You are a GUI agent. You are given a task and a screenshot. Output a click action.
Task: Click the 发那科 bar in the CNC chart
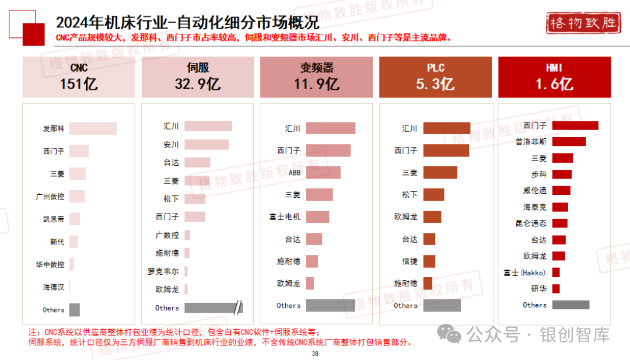pos(93,128)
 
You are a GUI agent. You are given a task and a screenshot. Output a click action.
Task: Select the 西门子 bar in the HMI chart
pos(575,125)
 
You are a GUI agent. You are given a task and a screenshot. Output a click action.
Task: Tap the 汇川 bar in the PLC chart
pos(446,128)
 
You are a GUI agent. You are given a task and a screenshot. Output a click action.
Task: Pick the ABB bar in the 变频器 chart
pos(323,172)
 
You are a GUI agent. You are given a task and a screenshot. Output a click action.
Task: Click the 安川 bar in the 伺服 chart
pos(206,144)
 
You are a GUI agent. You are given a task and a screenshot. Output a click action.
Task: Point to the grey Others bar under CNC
pos(75,310)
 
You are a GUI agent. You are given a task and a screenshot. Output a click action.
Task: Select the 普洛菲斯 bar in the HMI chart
pos(568,142)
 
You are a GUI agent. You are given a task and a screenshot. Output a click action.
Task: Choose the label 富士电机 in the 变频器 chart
pos(285,217)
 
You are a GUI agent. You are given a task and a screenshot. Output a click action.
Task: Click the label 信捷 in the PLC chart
pos(409,261)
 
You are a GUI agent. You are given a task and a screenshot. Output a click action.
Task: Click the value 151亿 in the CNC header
pos(78,84)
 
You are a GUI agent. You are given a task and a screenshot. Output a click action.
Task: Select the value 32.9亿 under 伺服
pos(197,84)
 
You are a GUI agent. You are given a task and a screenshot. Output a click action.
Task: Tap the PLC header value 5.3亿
pos(435,84)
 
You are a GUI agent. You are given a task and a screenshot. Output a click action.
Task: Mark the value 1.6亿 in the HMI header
pos(554,84)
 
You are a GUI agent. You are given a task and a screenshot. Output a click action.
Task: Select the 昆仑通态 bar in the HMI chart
pos(559,223)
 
